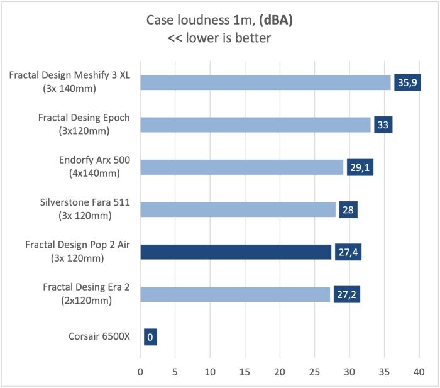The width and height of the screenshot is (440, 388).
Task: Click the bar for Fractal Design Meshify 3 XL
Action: pyautogui.click(x=265, y=82)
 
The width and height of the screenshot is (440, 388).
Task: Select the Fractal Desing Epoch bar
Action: pyautogui.click(x=255, y=125)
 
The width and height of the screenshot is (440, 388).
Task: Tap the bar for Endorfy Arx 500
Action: pyautogui.click(x=242, y=167)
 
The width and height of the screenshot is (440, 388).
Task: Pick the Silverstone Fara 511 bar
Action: pyautogui.click(x=238, y=209)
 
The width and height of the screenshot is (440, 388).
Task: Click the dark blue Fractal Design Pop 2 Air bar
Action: pyautogui.click(x=236, y=252)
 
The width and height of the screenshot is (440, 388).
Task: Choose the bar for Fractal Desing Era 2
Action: pyautogui.click(x=235, y=294)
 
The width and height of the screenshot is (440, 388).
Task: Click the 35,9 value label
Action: pyautogui.click(x=407, y=82)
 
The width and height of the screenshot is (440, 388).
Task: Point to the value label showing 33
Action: pyautogui.click(x=383, y=125)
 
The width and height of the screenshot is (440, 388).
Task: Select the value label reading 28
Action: pyautogui.click(x=348, y=209)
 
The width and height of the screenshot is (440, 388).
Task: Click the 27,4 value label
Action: pyautogui.click(x=348, y=252)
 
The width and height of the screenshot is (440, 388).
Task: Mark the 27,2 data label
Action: pyautogui.click(x=347, y=294)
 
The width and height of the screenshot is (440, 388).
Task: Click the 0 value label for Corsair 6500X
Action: pyautogui.click(x=150, y=336)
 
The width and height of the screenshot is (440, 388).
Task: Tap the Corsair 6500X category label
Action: pyautogui.click(x=99, y=336)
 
